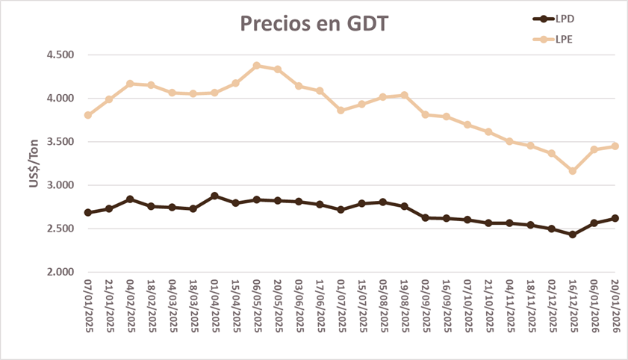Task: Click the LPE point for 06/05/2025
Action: [257, 66]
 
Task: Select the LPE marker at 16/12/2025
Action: [573, 171]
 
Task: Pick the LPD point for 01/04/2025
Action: [214, 196]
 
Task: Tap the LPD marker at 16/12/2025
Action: [573, 235]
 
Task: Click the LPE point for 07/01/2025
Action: [88, 115]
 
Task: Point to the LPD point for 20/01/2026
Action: [615, 218]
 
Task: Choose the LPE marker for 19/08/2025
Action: [404, 95]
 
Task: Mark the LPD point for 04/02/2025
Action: [130, 199]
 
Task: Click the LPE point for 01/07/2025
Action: [341, 110]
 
